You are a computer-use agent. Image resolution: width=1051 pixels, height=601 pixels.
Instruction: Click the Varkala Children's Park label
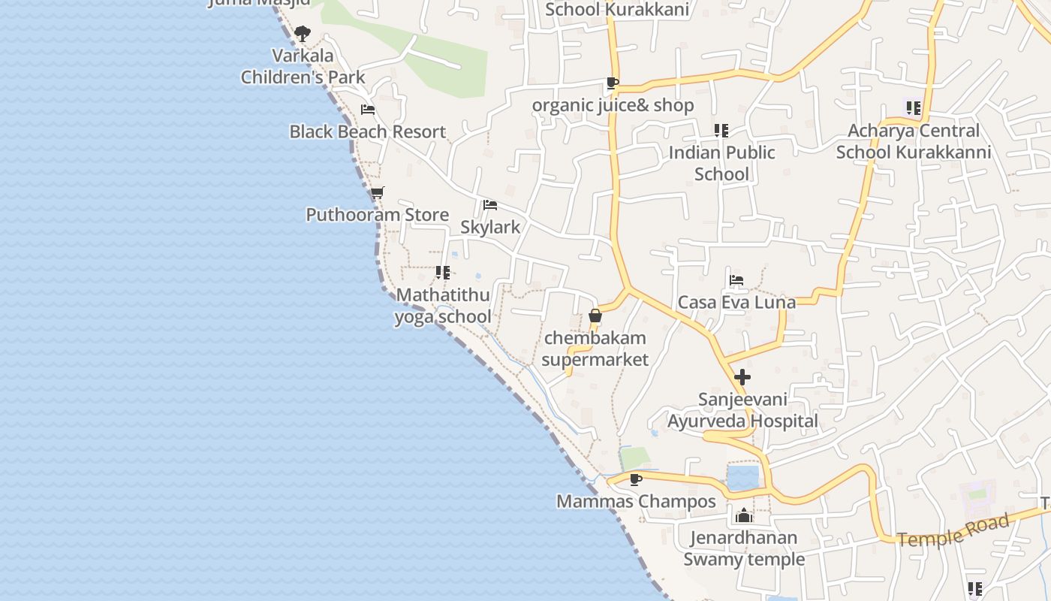point(303,66)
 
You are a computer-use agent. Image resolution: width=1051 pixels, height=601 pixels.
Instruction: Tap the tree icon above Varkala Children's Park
point(303,33)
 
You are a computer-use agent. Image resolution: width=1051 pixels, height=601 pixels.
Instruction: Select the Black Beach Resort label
point(368,131)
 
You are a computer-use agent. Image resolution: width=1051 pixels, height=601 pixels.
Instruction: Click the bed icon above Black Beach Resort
point(368,110)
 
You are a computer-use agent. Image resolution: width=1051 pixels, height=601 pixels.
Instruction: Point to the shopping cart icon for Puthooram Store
point(378,193)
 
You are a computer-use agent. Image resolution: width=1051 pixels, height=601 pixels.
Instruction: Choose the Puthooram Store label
point(378,215)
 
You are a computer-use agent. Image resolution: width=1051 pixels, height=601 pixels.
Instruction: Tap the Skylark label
point(490,227)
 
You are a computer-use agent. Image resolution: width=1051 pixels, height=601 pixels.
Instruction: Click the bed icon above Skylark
point(490,205)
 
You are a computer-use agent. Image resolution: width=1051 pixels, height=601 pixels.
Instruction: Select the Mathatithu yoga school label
point(443,306)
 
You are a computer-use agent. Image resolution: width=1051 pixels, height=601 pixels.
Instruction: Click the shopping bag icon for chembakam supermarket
point(595,316)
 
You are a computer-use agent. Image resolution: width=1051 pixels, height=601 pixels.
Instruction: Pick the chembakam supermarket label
point(595,349)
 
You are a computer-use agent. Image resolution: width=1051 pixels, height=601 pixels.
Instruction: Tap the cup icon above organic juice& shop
point(613,83)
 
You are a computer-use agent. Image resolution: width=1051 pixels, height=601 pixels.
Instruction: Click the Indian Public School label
point(721,163)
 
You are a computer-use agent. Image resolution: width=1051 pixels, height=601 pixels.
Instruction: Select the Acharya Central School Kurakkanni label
point(914,141)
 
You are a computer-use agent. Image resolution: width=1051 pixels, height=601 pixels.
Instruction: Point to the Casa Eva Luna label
point(736,302)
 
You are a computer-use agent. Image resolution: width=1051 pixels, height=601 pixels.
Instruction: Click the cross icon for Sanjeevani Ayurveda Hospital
point(742,377)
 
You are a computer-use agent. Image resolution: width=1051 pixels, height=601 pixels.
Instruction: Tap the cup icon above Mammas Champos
point(636,479)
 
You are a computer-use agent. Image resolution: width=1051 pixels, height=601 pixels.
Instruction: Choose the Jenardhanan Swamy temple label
point(744,548)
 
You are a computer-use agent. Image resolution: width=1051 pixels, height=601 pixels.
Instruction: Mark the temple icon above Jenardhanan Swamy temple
point(744,515)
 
